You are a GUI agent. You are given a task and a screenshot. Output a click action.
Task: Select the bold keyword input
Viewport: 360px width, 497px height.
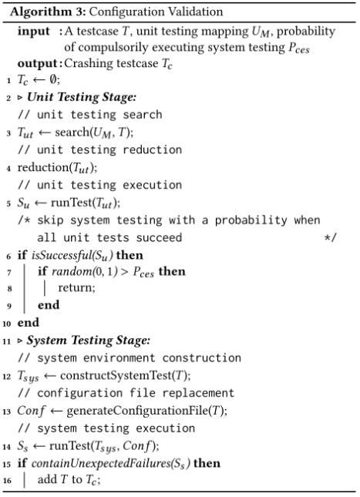[34, 32]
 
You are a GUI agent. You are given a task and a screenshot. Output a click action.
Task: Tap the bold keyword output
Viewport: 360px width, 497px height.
[38, 63]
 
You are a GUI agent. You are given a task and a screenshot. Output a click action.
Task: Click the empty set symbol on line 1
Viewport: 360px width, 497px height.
[53, 79]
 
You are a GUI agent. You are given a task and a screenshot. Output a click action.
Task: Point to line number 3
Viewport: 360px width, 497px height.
[8, 133]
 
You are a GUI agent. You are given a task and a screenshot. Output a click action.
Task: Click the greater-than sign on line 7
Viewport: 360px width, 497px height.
[125, 273]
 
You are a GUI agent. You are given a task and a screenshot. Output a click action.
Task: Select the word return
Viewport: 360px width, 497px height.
[76, 288]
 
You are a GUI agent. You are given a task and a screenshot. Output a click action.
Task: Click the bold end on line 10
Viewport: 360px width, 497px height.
[29, 323]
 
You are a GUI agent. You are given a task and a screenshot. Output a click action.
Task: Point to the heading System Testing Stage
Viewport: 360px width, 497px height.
[88, 341]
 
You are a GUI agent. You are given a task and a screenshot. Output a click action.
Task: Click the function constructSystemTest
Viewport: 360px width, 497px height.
[116, 375]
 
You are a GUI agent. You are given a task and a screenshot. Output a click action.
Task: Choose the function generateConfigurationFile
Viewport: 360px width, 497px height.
[137, 411]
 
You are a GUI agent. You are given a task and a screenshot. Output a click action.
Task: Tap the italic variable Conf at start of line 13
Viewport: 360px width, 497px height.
[31, 411]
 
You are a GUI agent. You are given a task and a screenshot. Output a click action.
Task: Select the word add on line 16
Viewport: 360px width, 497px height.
[47, 479]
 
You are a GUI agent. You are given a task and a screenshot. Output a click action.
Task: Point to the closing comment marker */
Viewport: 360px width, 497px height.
[330, 238]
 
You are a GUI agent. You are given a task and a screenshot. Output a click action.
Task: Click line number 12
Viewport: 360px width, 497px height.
[7, 377]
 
